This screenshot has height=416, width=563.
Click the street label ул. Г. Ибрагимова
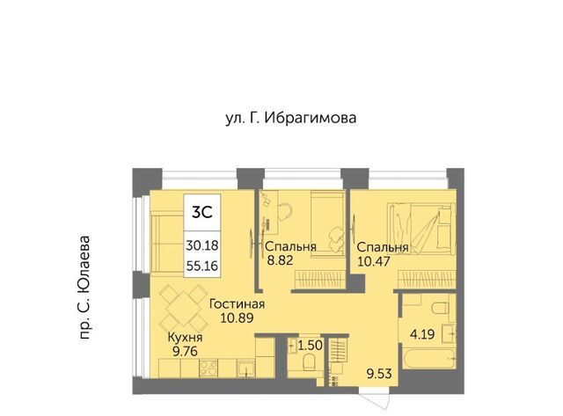[291, 118]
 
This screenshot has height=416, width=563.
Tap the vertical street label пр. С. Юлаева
[84, 288]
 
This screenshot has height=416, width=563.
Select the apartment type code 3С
[202, 213]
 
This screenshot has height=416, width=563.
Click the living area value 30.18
[202, 246]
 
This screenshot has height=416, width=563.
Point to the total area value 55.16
[202, 266]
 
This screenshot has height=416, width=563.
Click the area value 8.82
[280, 259]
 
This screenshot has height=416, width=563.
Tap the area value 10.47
[373, 260]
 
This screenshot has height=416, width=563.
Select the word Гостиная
[237, 304]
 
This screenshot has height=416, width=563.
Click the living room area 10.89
[237, 317]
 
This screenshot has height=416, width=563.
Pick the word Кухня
[186, 338]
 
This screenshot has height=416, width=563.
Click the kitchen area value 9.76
[186, 351]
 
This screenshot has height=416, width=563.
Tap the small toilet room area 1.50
[311, 346]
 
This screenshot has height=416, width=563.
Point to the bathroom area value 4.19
[422, 334]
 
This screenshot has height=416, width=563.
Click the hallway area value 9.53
[378, 374]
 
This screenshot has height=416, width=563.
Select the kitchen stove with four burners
[208, 368]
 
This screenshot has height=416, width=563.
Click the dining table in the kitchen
[182, 307]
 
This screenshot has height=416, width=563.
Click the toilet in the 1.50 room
[309, 362]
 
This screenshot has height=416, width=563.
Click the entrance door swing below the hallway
[376, 399]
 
